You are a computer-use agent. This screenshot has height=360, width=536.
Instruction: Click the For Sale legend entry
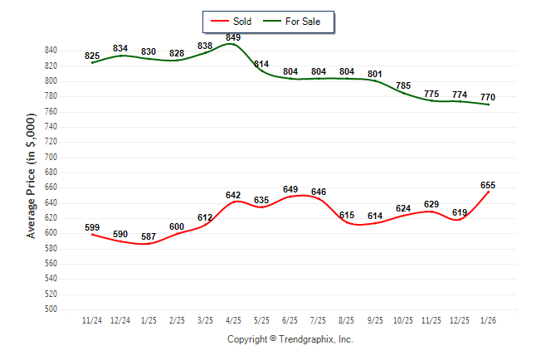tap(303, 21)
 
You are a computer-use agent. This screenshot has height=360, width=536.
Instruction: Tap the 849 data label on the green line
tap(233, 37)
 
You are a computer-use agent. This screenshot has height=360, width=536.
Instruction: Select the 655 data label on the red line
tap(488, 185)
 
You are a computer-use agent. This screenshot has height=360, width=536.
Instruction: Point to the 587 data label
tap(149, 236)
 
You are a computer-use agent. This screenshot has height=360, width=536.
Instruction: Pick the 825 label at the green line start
tap(92, 56)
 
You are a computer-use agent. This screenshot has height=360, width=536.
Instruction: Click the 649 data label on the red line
tap(290, 189)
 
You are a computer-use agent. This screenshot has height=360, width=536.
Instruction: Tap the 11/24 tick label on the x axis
tap(92, 319)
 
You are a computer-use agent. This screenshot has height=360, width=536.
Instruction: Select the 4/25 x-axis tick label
tap(233, 319)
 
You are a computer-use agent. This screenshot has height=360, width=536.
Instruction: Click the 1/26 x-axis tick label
tap(488, 319)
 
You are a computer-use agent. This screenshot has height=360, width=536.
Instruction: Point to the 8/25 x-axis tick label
tap(347, 319)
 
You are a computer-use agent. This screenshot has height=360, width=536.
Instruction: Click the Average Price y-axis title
tap(32, 179)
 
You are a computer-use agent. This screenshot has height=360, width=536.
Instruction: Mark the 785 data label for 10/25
tap(403, 85)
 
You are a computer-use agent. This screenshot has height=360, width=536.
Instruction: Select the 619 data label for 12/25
tap(460, 212)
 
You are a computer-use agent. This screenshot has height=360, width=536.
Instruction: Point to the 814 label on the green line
tap(261, 64)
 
